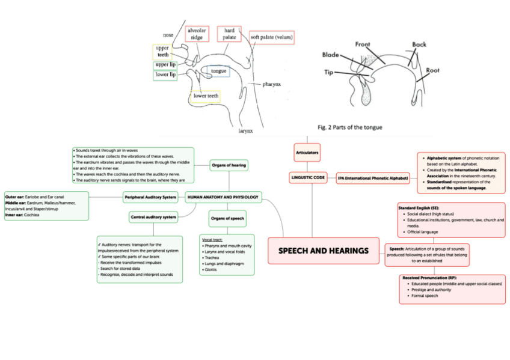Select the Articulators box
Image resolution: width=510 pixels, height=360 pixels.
click(x=307, y=153)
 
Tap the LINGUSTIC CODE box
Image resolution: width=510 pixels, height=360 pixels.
click(x=308, y=178)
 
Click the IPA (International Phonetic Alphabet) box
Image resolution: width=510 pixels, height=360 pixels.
click(x=373, y=178)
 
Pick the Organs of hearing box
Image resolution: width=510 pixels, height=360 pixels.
click(x=229, y=164)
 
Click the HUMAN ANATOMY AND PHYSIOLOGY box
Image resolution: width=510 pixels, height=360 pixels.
click(x=223, y=197)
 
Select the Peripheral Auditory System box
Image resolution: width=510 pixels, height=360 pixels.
click(x=150, y=197)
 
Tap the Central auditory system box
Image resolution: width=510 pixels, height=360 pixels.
click(x=153, y=216)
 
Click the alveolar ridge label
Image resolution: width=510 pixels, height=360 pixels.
click(x=197, y=34)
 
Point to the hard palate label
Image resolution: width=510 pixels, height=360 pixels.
click(x=229, y=34)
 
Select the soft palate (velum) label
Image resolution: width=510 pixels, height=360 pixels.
click(x=272, y=37)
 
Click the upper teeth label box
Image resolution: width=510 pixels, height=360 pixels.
click(x=162, y=51)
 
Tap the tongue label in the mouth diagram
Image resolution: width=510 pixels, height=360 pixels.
click(x=218, y=71)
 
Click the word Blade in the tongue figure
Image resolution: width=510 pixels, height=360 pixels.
click(x=331, y=55)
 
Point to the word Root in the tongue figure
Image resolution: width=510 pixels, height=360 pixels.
click(x=432, y=70)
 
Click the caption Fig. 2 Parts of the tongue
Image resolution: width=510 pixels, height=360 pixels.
click(x=349, y=127)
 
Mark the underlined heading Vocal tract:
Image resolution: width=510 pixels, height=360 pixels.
click(x=212, y=239)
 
